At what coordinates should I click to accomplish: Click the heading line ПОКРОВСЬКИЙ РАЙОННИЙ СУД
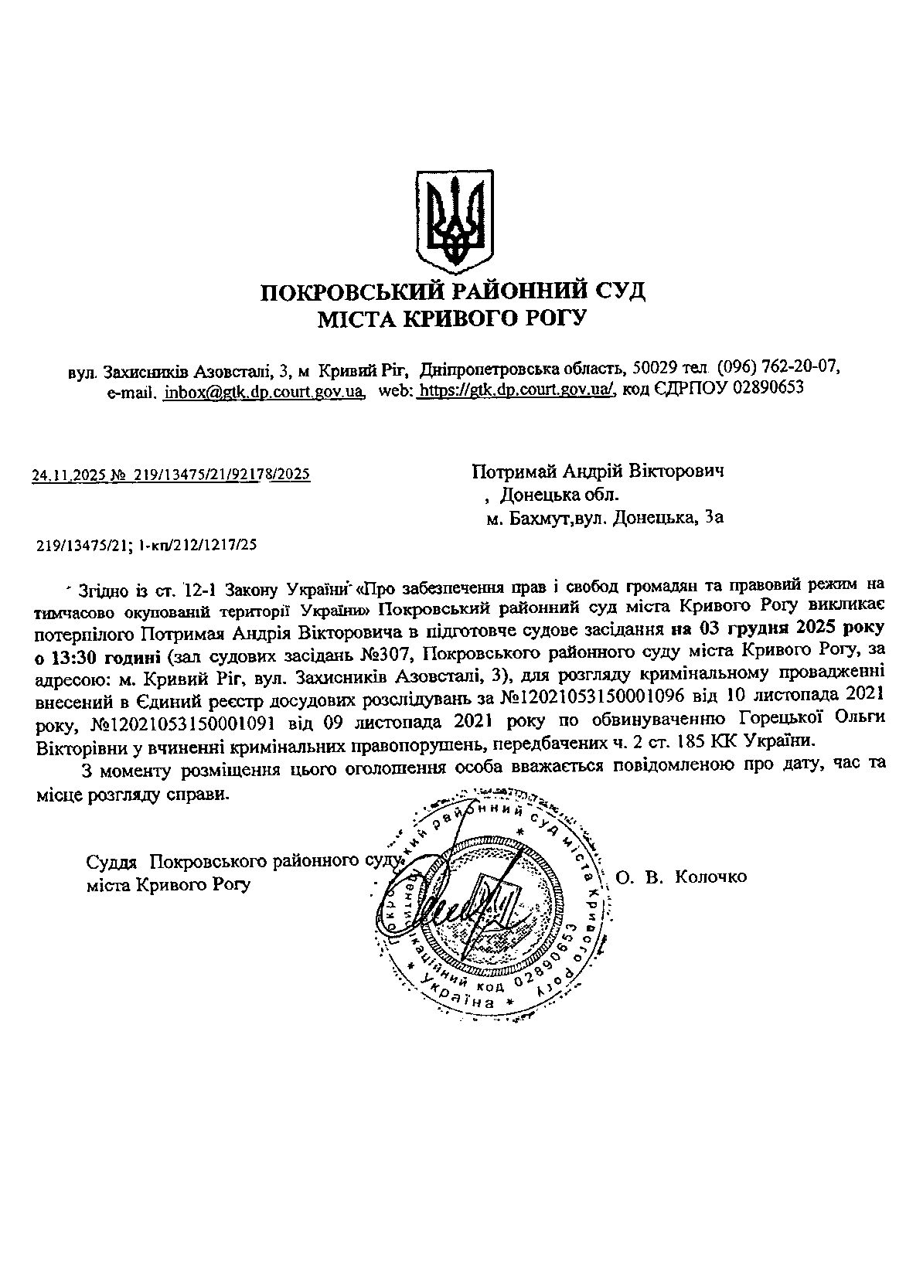[x=452, y=292]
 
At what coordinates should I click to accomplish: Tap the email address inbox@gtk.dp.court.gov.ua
[x=264, y=391]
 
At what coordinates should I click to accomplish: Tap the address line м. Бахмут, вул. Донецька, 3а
[x=605, y=519]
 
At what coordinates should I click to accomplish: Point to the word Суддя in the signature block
[x=112, y=861]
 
